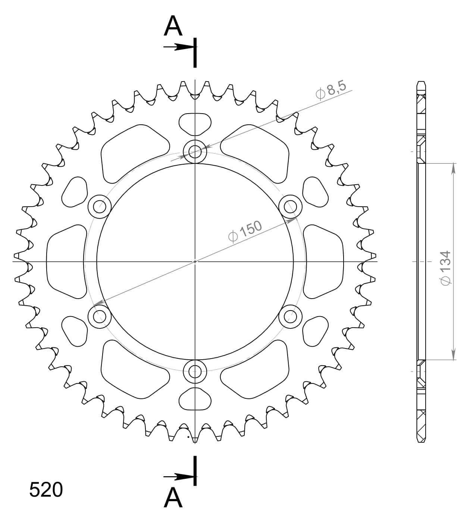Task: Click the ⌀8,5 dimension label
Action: [x=331, y=90]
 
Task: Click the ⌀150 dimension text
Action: [x=245, y=231]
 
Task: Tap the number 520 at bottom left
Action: [x=46, y=490]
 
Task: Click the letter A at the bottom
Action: [x=173, y=498]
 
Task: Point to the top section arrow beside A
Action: [x=179, y=47]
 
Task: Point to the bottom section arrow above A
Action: [x=179, y=477]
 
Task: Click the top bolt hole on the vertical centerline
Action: [x=195, y=152]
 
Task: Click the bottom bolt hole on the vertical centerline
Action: [x=195, y=371]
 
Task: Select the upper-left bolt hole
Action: [x=100, y=206]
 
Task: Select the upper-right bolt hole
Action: [x=290, y=206]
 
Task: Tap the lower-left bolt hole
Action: [x=100, y=317]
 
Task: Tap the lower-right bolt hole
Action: [x=290, y=317]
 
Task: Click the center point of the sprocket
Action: [x=195, y=261]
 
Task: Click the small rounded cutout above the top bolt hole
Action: [x=195, y=124]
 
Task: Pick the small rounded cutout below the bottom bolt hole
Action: [x=195, y=399]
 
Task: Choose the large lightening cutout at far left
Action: [x=65, y=261]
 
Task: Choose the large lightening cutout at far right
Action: [x=323, y=261]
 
